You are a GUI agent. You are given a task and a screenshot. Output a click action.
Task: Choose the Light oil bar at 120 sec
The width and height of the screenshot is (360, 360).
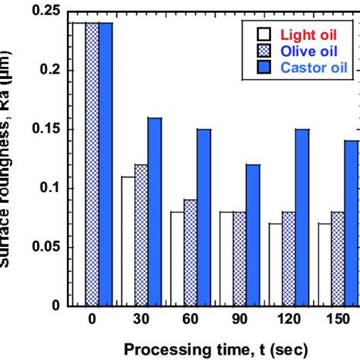point(275,265)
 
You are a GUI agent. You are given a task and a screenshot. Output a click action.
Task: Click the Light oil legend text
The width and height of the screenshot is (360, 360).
point(303,34)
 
